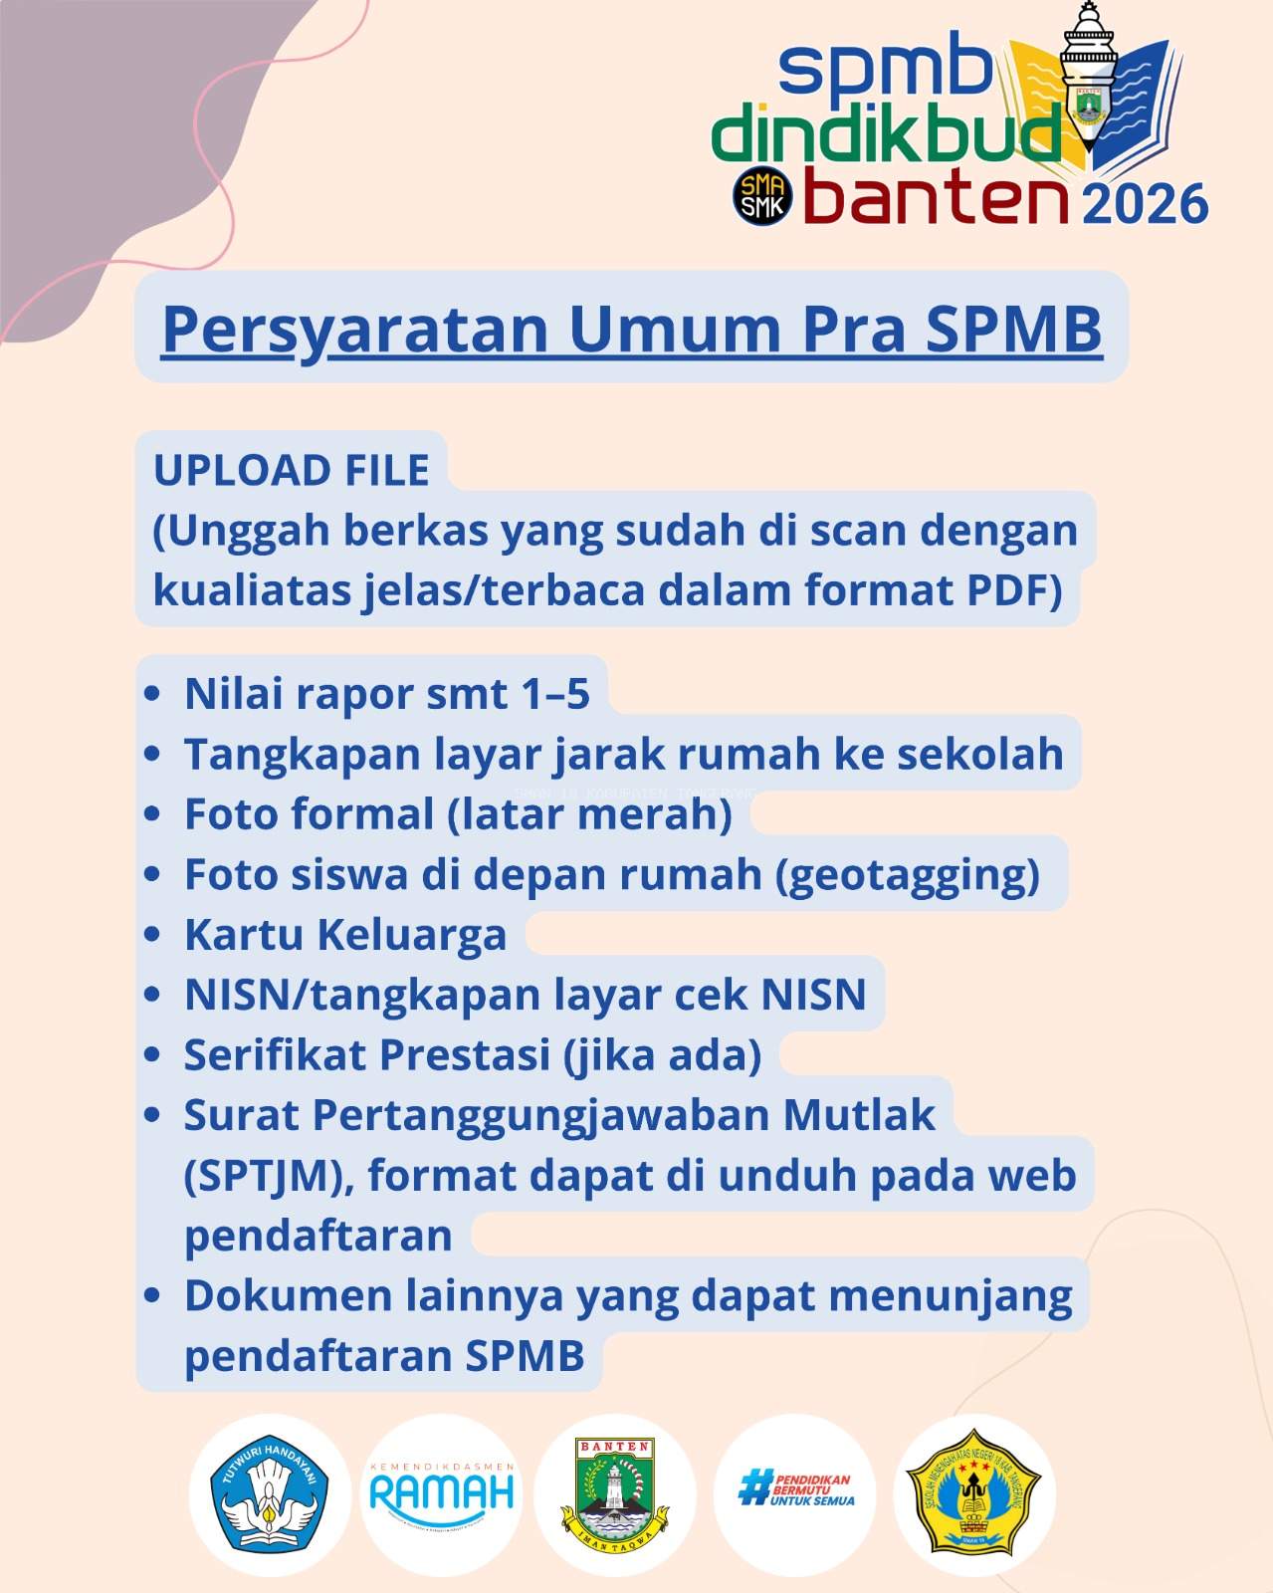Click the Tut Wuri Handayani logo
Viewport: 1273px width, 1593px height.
[x=270, y=1494]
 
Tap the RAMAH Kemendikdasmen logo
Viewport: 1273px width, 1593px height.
[x=442, y=1492]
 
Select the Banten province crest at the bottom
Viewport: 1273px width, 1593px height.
[x=614, y=1493]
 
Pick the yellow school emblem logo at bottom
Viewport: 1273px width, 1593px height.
[x=972, y=1494]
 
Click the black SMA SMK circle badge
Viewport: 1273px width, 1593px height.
[x=762, y=195]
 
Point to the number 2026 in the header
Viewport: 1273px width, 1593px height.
[x=1145, y=204]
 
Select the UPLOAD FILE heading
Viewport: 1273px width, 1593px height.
[x=291, y=470]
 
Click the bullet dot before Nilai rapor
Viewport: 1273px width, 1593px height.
[x=151, y=694]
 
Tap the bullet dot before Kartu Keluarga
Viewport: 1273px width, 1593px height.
[x=151, y=935]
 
